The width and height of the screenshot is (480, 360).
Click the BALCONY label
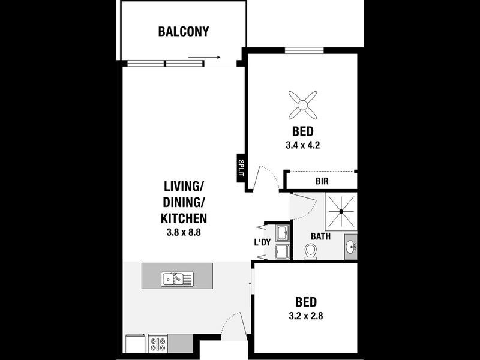click(x=184, y=31)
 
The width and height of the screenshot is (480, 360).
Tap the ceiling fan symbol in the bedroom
click(x=303, y=105)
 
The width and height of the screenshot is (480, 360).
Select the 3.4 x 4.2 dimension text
click(x=303, y=145)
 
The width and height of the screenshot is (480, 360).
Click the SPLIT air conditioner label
click(x=241, y=167)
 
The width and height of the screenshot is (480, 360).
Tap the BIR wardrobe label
click(x=322, y=181)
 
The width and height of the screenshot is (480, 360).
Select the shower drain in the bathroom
click(x=342, y=211)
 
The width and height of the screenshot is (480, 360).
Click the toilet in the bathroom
click(x=311, y=251)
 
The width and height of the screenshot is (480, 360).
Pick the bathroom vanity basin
click(x=350, y=247)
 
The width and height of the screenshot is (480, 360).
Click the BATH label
click(x=320, y=236)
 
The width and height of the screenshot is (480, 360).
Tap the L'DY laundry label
click(x=262, y=242)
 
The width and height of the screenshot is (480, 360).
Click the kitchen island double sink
click(x=176, y=278)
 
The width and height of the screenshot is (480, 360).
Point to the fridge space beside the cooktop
click(x=136, y=344)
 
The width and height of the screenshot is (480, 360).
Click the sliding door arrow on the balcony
click(x=203, y=58)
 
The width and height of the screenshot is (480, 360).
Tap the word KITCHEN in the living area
click(x=184, y=218)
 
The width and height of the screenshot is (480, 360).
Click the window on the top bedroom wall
click(x=304, y=50)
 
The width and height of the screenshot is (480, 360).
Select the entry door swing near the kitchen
click(x=234, y=327)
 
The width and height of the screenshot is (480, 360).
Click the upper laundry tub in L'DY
click(x=283, y=232)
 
